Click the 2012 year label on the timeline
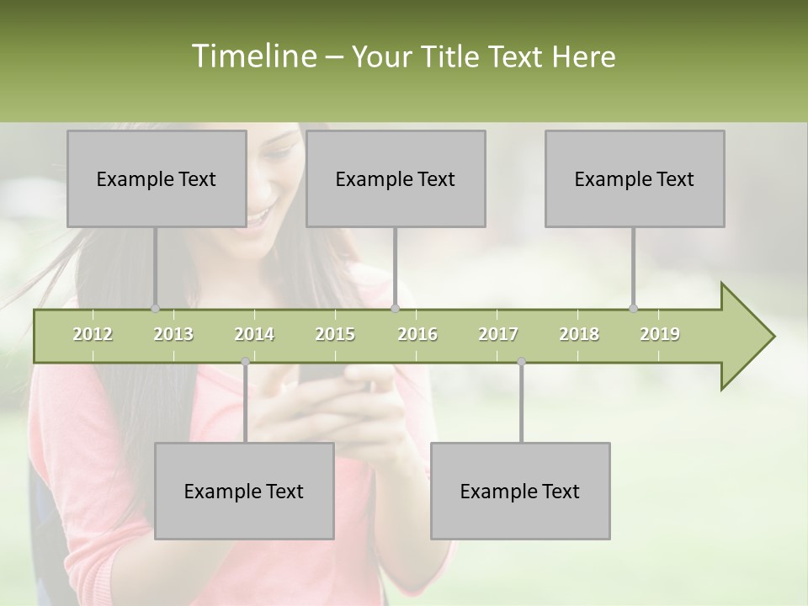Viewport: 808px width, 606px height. (x=93, y=334)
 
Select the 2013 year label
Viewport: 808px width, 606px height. (x=173, y=334)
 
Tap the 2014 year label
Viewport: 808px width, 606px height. (x=254, y=334)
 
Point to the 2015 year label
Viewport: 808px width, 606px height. (x=335, y=334)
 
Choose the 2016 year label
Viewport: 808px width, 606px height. (x=417, y=334)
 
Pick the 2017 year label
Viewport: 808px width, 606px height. (x=498, y=334)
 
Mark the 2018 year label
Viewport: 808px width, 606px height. (x=579, y=334)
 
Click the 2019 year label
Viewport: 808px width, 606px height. (x=660, y=334)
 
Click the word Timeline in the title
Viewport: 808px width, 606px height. (x=252, y=56)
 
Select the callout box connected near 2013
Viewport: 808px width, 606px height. (x=157, y=178)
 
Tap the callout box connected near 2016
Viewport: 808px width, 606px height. (x=396, y=178)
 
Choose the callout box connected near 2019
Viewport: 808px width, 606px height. (x=635, y=178)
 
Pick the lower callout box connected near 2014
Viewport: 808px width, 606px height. (x=244, y=491)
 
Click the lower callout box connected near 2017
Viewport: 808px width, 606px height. (x=520, y=491)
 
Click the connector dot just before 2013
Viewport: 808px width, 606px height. (x=155, y=309)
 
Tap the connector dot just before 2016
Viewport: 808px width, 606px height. (x=395, y=309)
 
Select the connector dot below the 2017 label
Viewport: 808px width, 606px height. (x=521, y=362)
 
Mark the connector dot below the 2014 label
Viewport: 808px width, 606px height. (x=245, y=362)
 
